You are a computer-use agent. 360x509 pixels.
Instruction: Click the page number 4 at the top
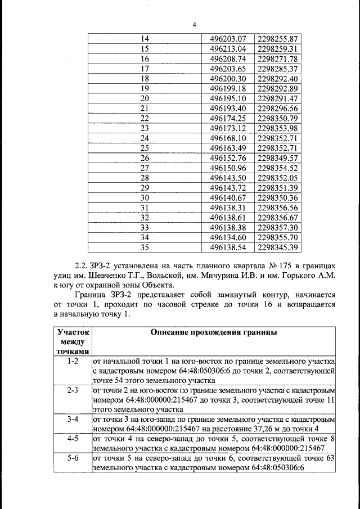coord(194,25)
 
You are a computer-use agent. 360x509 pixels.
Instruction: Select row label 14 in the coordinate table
coord(145,39)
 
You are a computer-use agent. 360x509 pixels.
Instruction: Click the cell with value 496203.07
coord(228,39)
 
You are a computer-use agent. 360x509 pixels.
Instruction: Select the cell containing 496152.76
coord(228,158)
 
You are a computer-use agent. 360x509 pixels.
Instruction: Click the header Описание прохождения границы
coord(213,332)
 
